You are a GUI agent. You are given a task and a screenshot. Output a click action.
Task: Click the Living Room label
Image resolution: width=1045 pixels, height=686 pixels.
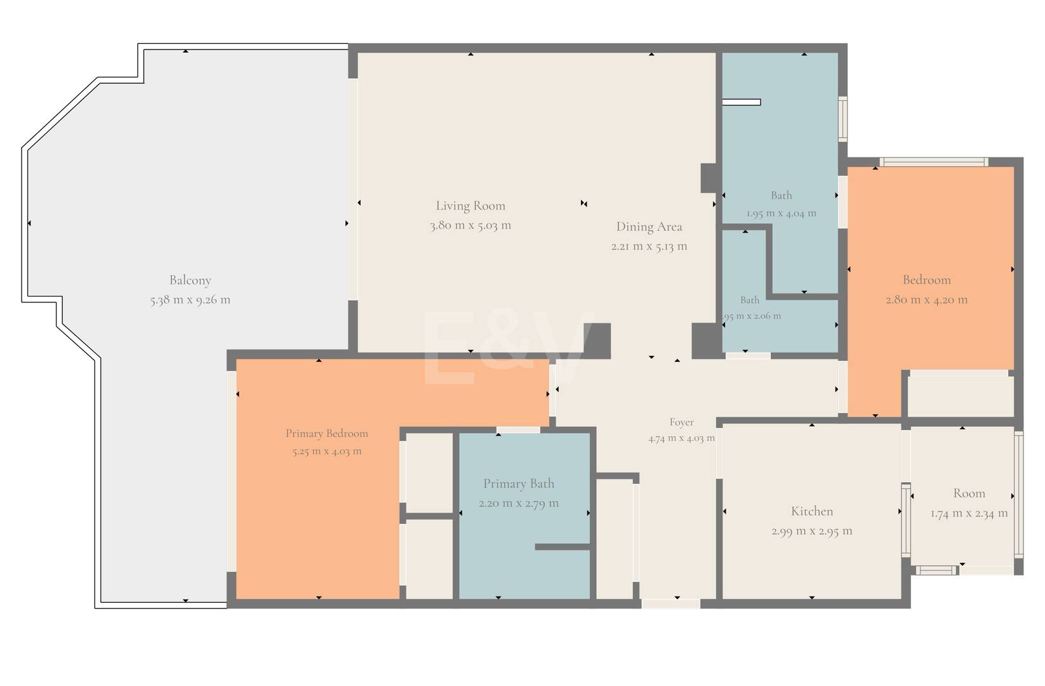470,206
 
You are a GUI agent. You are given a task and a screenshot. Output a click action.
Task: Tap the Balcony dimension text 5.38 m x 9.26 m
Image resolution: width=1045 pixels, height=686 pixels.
190,300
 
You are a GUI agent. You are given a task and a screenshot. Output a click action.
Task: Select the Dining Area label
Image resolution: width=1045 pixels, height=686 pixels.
649,226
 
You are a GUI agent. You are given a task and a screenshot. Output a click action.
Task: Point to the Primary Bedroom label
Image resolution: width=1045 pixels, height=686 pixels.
326,434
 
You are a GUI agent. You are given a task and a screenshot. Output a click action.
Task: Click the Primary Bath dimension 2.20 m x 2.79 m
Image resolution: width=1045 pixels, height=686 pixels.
518,503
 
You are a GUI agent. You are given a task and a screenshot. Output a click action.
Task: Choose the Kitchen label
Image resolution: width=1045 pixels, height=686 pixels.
812,511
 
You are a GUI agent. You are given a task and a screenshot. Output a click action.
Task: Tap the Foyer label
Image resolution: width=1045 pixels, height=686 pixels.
682,422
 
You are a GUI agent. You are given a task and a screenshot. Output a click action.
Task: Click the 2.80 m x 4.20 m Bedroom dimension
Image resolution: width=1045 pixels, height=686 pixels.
926,300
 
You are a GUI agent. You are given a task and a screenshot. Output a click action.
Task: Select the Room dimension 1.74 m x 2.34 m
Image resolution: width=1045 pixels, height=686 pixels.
969,513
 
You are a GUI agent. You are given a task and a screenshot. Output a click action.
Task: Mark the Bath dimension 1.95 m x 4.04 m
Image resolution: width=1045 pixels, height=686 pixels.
782,213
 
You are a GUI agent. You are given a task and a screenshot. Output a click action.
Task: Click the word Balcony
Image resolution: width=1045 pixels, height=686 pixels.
190,280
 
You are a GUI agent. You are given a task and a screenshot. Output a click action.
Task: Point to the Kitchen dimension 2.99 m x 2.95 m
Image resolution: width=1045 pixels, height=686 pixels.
812,531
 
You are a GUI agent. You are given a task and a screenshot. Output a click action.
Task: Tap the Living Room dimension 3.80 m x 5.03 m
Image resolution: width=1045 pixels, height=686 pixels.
470,225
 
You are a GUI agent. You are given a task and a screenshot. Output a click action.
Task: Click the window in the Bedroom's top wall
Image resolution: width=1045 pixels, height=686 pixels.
934,162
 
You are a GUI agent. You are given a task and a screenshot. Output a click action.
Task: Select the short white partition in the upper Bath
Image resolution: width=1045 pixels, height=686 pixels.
742,102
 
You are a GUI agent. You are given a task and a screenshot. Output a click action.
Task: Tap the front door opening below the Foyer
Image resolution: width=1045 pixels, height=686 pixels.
671,603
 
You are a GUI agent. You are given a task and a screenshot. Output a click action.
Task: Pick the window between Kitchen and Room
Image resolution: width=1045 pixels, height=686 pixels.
905,520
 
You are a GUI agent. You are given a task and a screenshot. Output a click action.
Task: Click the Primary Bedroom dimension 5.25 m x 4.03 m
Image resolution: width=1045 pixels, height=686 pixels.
326,451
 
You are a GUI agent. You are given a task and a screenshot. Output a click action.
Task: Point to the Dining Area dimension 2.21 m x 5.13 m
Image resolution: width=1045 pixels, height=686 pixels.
649,246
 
